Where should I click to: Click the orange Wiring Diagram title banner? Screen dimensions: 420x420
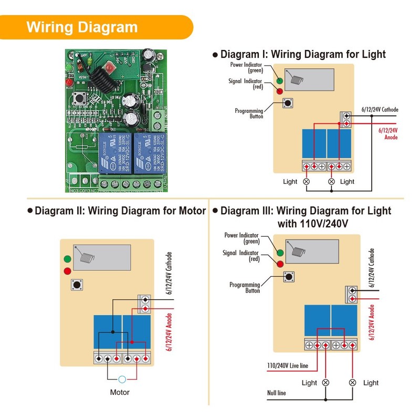click(94, 27)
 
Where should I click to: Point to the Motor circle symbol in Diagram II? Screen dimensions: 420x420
click(122, 379)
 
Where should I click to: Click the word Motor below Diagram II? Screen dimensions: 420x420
click(120, 392)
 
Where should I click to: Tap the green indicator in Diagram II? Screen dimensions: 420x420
click(67, 259)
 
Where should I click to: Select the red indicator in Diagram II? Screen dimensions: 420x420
click(67, 271)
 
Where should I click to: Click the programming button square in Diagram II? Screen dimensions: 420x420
click(77, 285)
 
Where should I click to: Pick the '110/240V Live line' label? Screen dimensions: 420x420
click(288, 365)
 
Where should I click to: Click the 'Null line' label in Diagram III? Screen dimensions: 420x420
click(277, 393)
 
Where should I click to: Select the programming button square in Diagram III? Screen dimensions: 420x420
click(289, 277)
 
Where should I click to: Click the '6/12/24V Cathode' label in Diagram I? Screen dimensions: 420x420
click(380, 110)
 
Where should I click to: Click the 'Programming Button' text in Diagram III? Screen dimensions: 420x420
click(245, 288)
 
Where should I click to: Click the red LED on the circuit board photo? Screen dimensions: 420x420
click(68, 83)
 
